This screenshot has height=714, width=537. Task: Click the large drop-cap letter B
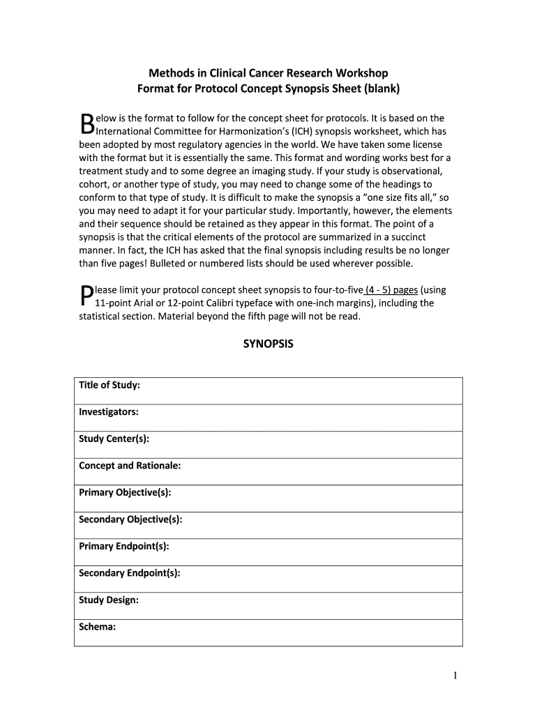(86, 124)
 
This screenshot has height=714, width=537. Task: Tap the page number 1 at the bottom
(454, 675)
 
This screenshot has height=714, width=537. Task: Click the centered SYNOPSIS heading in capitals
(268, 344)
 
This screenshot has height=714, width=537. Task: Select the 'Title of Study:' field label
(109, 386)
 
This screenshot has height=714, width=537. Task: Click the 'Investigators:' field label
(108, 412)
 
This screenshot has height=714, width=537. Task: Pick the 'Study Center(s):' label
(114, 439)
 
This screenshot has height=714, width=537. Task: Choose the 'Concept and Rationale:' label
(130, 466)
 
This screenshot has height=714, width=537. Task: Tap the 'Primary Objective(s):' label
(125, 493)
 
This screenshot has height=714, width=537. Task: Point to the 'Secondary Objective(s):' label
(130, 519)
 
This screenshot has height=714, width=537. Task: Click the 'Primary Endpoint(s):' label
(124, 547)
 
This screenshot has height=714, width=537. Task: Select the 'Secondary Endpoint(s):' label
(130, 573)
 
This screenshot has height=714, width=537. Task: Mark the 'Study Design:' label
(108, 600)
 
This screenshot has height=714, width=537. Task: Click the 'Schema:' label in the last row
(97, 627)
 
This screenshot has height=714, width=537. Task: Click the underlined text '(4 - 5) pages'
(391, 290)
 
